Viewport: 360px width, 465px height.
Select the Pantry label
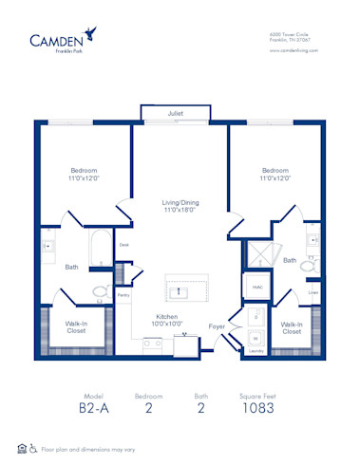coord(123,296)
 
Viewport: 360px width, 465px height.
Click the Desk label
coord(123,245)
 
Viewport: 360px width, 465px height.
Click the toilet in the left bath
coord(100,293)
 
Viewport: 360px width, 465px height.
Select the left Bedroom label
coord(83,175)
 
